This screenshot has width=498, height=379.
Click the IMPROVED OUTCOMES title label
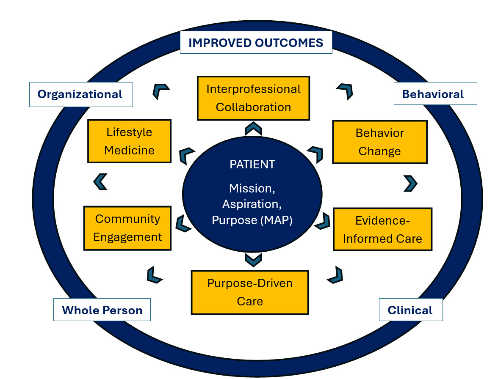coord(256,42)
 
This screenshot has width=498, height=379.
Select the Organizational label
coord(81,94)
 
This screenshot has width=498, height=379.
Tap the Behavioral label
coord(435,93)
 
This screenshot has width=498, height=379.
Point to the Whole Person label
coord(102,310)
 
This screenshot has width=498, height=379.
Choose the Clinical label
coord(411,310)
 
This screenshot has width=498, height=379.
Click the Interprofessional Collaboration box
coord(253,98)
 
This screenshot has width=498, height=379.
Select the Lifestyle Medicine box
coord(129,141)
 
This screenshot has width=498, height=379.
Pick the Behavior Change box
coord(380,142)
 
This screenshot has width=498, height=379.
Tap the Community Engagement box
coord(127,228)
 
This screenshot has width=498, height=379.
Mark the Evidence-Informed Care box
coord(383,229)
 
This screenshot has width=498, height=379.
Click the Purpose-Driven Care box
coord(250,292)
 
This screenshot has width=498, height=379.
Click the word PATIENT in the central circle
coord(252,164)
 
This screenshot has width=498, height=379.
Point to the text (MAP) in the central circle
coord(276,220)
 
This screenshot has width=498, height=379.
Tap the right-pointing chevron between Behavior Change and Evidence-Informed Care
coord(411,184)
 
